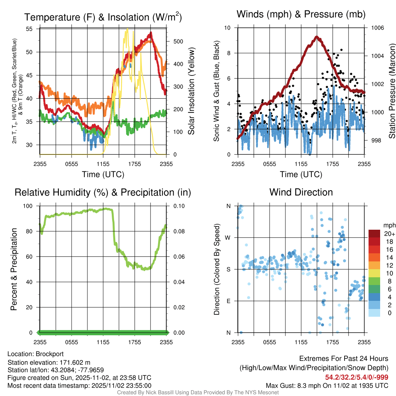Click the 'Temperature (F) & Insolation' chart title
(103, 17)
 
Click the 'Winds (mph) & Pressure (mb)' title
(301, 15)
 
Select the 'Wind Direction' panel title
(301, 192)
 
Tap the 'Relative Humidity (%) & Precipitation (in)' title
(103, 192)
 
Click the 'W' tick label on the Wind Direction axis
(229, 238)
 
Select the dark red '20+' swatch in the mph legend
(374, 234)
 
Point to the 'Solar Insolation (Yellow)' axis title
(191, 91)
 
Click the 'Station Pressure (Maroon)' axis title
(391, 91)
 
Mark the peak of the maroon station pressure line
(317, 37)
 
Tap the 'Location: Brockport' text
(36, 354)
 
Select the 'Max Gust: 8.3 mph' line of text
(327, 386)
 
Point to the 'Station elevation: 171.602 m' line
(49, 362)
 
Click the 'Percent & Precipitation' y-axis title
(14, 269)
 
